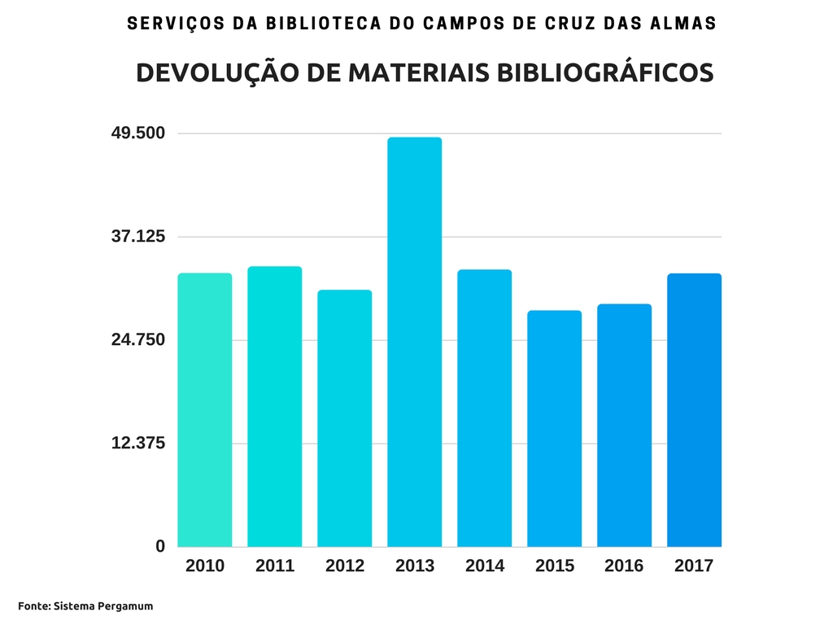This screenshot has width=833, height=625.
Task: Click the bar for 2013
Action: pos(414,342)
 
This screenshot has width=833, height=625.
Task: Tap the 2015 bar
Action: pos(554,428)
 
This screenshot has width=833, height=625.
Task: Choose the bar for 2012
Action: pos(344,418)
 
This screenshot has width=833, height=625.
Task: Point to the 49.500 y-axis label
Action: pos(137,133)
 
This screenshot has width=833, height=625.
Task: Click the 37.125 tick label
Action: pos(137,237)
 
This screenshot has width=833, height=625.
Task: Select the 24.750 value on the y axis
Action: pos(137,339)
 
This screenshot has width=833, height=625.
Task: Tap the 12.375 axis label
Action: pos(137,444)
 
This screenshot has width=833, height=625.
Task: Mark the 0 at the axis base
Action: pos(160,546)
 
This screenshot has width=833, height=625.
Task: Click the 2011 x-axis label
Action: pos(275,566)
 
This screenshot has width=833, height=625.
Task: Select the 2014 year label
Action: pos(485,566)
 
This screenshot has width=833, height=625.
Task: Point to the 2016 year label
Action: pos(624,566)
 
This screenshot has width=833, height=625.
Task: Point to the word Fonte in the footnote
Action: pos(33,606)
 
